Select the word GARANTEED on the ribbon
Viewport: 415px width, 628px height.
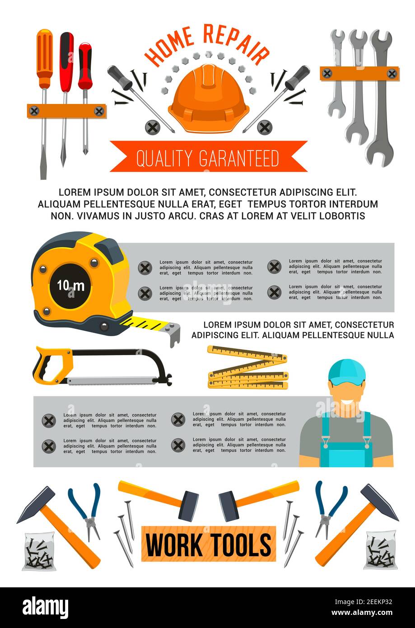[239, 159]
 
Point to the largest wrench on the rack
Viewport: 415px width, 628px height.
[380, 99]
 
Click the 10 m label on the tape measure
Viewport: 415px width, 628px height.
[70, 286]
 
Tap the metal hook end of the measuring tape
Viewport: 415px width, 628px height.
[174, 334]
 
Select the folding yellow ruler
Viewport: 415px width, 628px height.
[247, 368]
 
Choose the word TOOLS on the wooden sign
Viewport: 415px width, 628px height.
[240, 544]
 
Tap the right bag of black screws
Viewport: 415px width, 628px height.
[381, 550]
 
